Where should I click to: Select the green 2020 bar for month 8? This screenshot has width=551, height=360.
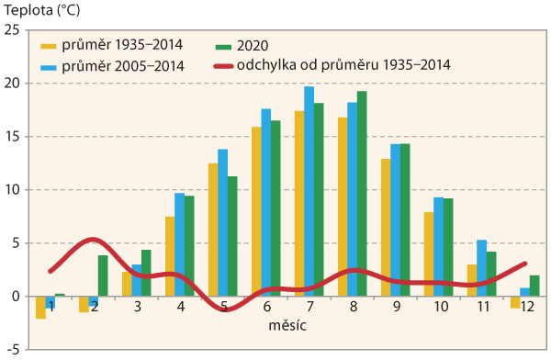361,193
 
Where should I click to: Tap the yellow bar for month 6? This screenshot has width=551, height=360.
257,211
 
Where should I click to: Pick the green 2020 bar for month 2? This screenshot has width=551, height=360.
103,276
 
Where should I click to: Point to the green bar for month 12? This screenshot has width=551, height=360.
534,286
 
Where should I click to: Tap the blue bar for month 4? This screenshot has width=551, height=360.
179,244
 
